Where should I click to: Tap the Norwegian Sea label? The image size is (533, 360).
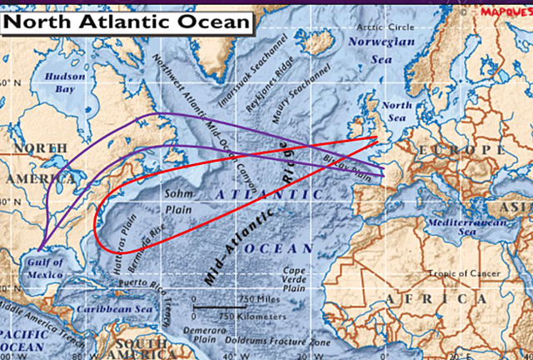point(381,46)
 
